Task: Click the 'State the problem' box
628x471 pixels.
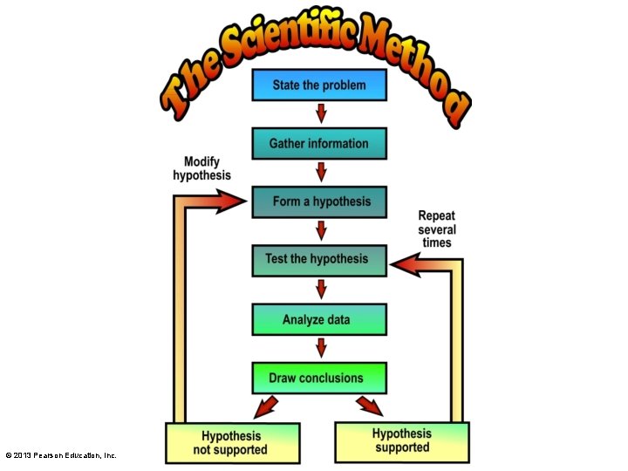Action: [x=319, y=85]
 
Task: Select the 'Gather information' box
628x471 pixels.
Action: [x=319, y=144]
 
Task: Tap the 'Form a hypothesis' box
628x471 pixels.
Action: [x=319, y=201]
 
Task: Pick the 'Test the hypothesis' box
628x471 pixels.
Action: [x=319, y=259]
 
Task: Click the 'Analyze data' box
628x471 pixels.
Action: [x=319, y=320]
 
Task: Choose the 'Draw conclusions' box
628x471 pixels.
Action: [x=319, y=379]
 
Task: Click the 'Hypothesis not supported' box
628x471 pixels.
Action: [x=233, y=443]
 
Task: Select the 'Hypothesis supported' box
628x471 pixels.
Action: [x=402, y=440]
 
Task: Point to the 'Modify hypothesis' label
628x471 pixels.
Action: [x=201, y=168]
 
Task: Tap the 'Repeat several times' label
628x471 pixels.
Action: [x=437, y=229]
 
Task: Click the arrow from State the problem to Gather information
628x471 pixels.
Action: [x=321, y=113]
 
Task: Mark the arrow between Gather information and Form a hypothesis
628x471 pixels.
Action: [x=321, y=172]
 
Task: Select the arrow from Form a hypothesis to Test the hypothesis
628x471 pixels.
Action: [x=321, y=230]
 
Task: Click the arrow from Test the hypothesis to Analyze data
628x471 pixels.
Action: [x=321, y=289]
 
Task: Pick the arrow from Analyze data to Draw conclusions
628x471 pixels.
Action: [x=321, y=348]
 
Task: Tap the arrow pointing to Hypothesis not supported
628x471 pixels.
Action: [x=266, y=406]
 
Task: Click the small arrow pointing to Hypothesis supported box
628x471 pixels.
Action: [x=370, y=406]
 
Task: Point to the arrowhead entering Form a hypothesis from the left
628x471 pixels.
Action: [x=230, y=202]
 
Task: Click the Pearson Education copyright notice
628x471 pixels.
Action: [x=61, y=455]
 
